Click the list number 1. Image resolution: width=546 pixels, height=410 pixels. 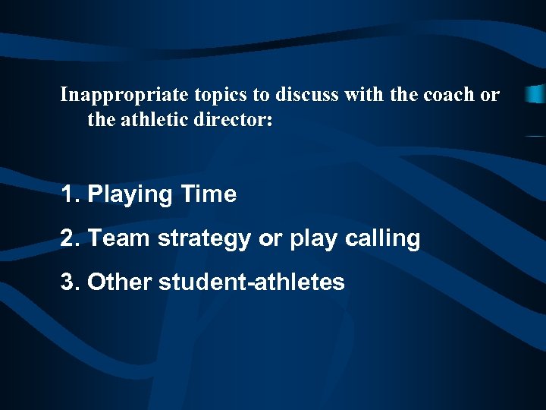[70, 194]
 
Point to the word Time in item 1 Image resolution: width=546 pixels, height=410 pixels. [209, 194]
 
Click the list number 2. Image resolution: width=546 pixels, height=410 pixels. [70, 238]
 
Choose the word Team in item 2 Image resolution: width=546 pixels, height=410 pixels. [119, 238]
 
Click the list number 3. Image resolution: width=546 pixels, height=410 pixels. [70, 282]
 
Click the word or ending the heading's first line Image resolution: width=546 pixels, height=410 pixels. [491, 95]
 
